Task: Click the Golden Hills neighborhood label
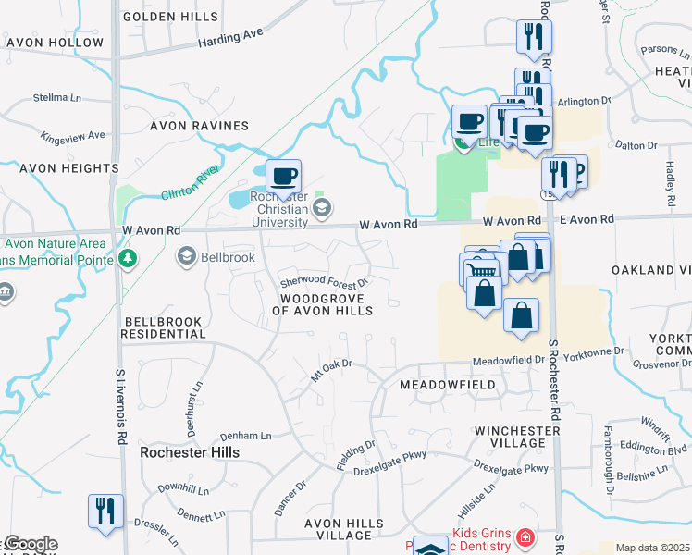(x=170, y=17)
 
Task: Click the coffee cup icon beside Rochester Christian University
(x=283, y=175)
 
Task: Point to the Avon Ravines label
(x=202, y=126)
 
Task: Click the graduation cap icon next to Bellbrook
(x=186, y=256)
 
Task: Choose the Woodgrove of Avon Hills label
(x=322, y=304)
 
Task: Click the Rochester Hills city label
(x=189, y=452)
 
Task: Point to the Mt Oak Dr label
(x=332, y=370)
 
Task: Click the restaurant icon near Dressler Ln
(x=103, y=510)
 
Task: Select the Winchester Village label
(x=511, y=437)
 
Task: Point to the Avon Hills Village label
(x=344, y=529)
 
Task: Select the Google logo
(x=30, y=544)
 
